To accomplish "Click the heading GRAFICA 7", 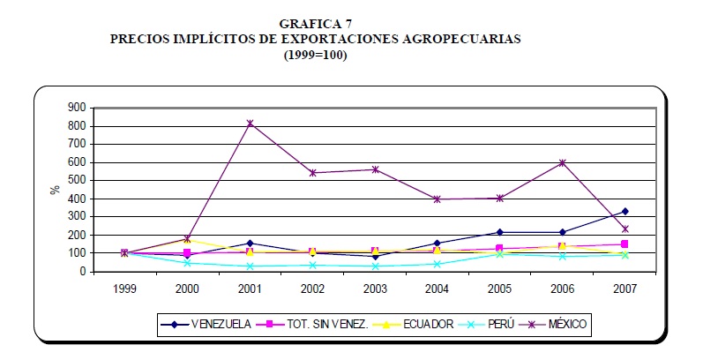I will click(315, 24).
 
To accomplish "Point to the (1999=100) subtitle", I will click(316, 54).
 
